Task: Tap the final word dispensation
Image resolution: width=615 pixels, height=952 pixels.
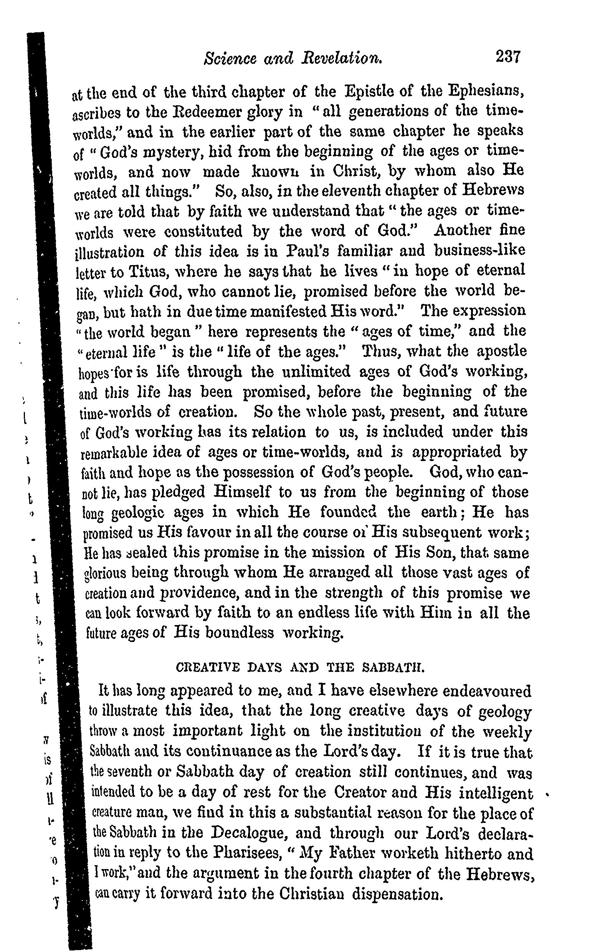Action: pos(397,894)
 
